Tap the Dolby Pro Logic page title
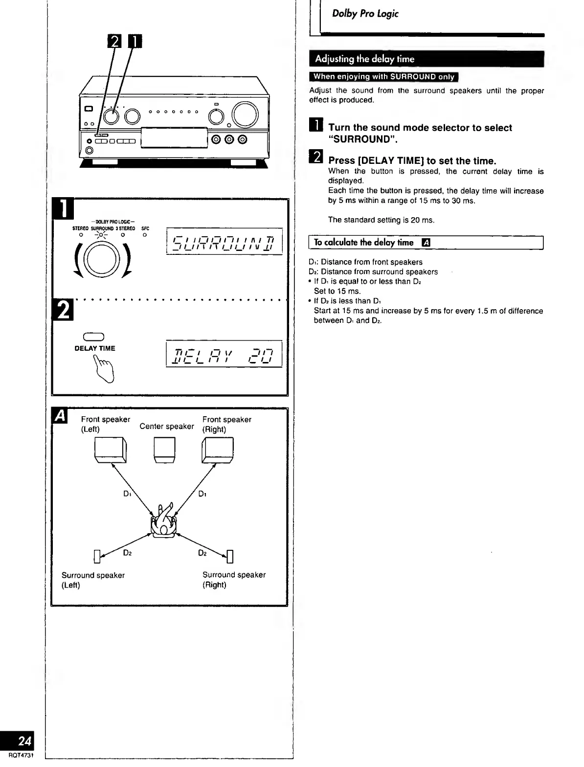[365, 14]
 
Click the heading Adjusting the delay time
[364, 59]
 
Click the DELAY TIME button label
[95, 348]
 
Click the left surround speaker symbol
[97, 557]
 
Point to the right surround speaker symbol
[230, 557]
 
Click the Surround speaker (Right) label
[234, 580]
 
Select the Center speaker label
[167, 427]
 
